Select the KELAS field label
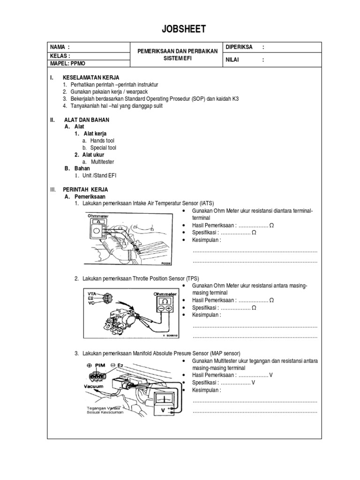pyautogui.click(x=60, y=55)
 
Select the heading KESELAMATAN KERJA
pyautogui.click(x=91, y=77)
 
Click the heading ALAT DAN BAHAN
pyautogui.click(x=87, y=120)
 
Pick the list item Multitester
pyautogui.click(x=102, y=162)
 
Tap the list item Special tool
pyautogui.click(x=103, y=148)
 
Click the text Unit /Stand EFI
pyautogui.click(x=100, y=175)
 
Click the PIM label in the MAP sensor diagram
pyautogui.click(x=100, y=365)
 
